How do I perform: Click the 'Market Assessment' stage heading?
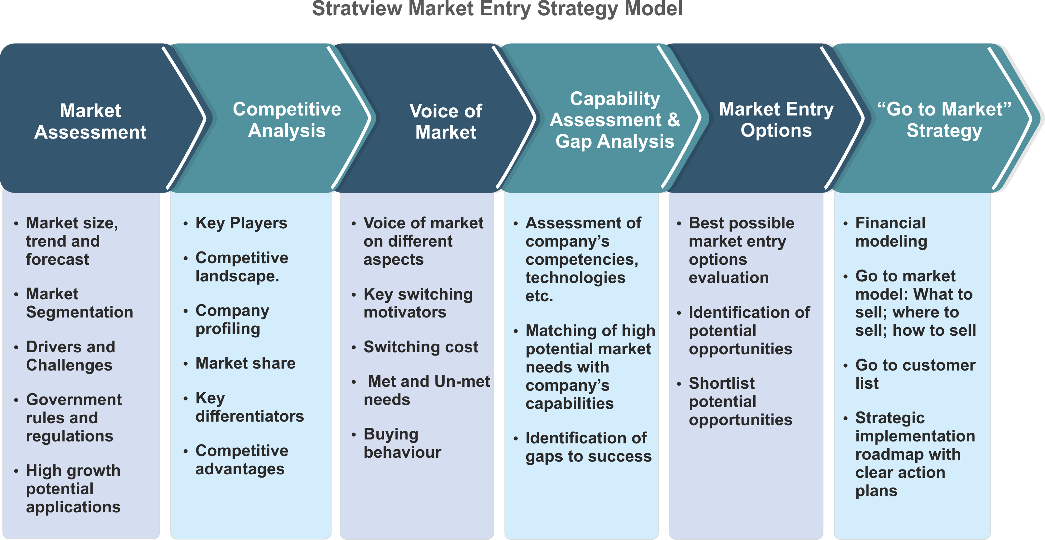[x=90, y=121]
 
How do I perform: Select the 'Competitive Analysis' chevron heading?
[x=287, y=120]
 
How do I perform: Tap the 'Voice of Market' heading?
[x=446, y=121]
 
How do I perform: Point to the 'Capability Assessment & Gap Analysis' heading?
[x=615, y=120]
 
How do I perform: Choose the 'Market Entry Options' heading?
[x=776, y=120]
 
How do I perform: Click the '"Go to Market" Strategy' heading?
[x=944, y=120]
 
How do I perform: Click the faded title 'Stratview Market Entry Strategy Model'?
[x=497, y=9]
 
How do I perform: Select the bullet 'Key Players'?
[x=241, y=223]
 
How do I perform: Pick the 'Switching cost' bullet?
[x=421, y=347]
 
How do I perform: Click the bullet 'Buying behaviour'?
[x=402, y=443]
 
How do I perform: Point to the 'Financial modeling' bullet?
[x=891, y=232]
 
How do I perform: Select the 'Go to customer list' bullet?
[x=915, y=374]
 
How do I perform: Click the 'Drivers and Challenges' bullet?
[x=71, y=356]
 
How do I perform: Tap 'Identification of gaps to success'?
[x=588, y=447]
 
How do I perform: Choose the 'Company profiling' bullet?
[x=232, y=320]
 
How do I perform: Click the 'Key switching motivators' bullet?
[x=418, y=303]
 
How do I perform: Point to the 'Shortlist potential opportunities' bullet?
[x=740, y=401]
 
